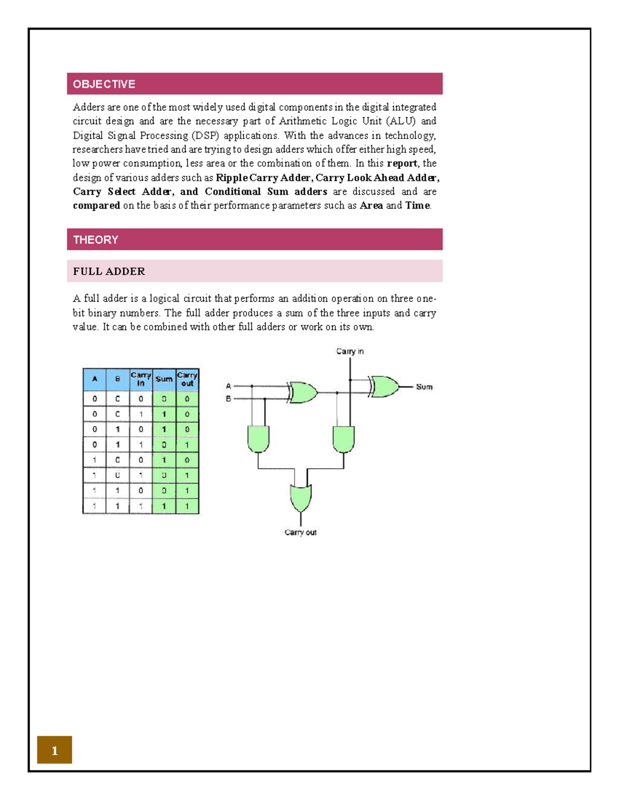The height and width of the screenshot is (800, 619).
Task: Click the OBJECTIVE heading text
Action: [x=104, y=84]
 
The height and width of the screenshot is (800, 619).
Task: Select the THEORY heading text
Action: [x=95, y=240]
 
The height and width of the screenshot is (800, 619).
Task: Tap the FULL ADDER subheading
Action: [x=109, y=271]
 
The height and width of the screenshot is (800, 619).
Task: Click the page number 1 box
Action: [x=55, y=750]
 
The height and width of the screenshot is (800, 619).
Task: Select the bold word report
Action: [x=402, y=163]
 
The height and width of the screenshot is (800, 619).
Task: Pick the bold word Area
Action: [x=371, y=206]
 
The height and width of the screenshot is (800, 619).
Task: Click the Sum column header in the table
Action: [x=164, y=379]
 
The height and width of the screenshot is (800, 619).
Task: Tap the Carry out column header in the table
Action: [x=187, y=379]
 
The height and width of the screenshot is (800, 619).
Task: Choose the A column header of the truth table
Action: [x=94, y=379]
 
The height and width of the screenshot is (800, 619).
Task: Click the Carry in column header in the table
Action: [x=141, y=379]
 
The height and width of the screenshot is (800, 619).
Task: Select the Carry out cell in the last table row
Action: [x=187, y=506]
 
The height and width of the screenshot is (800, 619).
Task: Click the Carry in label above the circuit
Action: [x=350, y=351]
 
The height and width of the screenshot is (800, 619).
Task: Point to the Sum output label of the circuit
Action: [x=424, y=387]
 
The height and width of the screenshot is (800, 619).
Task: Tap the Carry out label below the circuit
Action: [x=300, y=532]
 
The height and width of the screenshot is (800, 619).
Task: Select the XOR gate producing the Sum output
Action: [x=385, y=386]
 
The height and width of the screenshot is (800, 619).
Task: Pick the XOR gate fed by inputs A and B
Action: [x=303, y=393]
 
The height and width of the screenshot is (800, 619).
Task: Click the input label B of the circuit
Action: [x=229, y=399]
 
